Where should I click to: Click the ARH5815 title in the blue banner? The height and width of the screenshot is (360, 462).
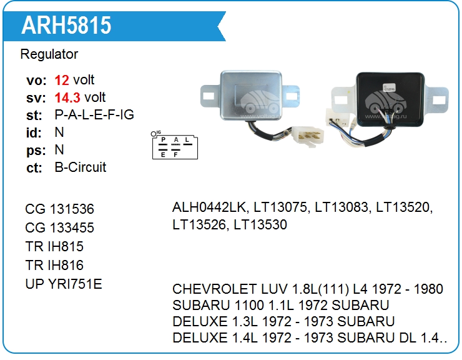[x=66, y=25]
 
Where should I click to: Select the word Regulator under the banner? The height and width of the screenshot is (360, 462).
[x=49, y=54]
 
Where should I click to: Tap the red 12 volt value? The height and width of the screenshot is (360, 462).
[x=62, y=80]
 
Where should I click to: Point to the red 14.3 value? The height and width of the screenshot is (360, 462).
[x=67, y=97]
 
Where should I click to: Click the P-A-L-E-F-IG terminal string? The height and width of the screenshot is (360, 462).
[x=94, y=115]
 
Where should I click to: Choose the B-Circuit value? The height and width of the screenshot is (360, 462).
[x=81, y=167]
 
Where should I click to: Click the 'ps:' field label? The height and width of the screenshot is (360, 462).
[x=34, y=150]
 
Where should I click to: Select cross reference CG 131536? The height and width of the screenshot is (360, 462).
[x=60, y=209]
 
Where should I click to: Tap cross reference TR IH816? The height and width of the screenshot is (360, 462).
[x=55, y=265]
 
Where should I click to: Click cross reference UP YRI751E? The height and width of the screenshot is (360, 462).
[x=64, y=284]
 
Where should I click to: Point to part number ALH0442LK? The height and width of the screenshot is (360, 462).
[x=210, y=207]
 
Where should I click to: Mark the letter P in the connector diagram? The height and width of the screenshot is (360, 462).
[x=164, y=140]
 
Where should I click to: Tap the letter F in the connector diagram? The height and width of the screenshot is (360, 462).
[x=176, y=154]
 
